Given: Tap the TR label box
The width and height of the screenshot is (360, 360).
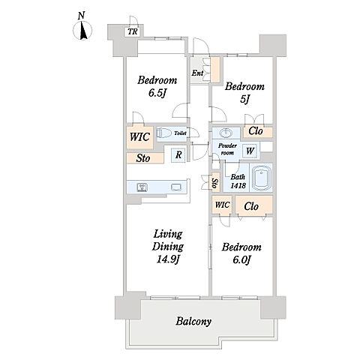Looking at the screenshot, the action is click(x=133, y=31).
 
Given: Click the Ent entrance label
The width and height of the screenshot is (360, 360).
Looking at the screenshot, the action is click(x=197, y=73).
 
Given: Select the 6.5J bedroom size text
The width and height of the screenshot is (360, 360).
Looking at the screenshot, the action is click(x=157, y=93).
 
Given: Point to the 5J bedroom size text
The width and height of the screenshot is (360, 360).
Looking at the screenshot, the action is click(x=244, y=100).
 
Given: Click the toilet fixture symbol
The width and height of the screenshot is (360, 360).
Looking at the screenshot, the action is click(x=165, y=133).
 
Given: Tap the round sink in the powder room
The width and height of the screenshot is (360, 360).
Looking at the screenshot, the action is click(x=226, y=133).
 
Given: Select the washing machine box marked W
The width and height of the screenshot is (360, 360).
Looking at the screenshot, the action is click(x=250, y=151).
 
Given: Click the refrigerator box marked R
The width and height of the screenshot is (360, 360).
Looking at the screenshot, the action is click(x=178, y=155).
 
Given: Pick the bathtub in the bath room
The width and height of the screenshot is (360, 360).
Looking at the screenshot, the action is click(x=261, y=178).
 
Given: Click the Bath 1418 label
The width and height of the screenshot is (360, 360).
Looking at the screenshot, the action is click(x=238, y=181).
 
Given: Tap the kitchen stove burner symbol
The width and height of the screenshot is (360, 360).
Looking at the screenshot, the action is click(x=142, y=187).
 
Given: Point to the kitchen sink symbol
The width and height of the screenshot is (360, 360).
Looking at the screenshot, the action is click(x=176, y=187).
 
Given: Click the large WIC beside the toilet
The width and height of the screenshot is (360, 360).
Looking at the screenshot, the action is click(x=139, y=137).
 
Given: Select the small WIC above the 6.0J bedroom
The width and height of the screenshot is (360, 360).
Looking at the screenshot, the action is click(x=222, y=205).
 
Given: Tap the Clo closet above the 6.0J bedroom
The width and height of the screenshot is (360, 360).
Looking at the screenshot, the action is click(x=254, y=205).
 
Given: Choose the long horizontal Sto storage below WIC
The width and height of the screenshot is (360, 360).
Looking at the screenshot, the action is click(x=145, y=158).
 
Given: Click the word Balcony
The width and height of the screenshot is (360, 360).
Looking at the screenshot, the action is click(x=193, y=321).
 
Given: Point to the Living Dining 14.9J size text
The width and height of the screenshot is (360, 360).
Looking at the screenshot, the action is click(x=167, y=259).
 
